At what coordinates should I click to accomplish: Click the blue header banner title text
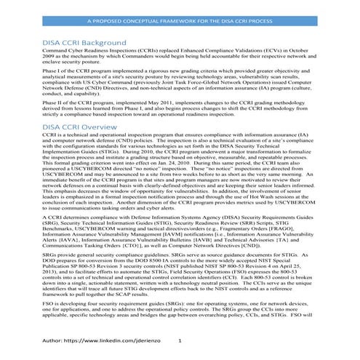point(180,23)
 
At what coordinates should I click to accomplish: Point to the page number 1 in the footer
point(180,340)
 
